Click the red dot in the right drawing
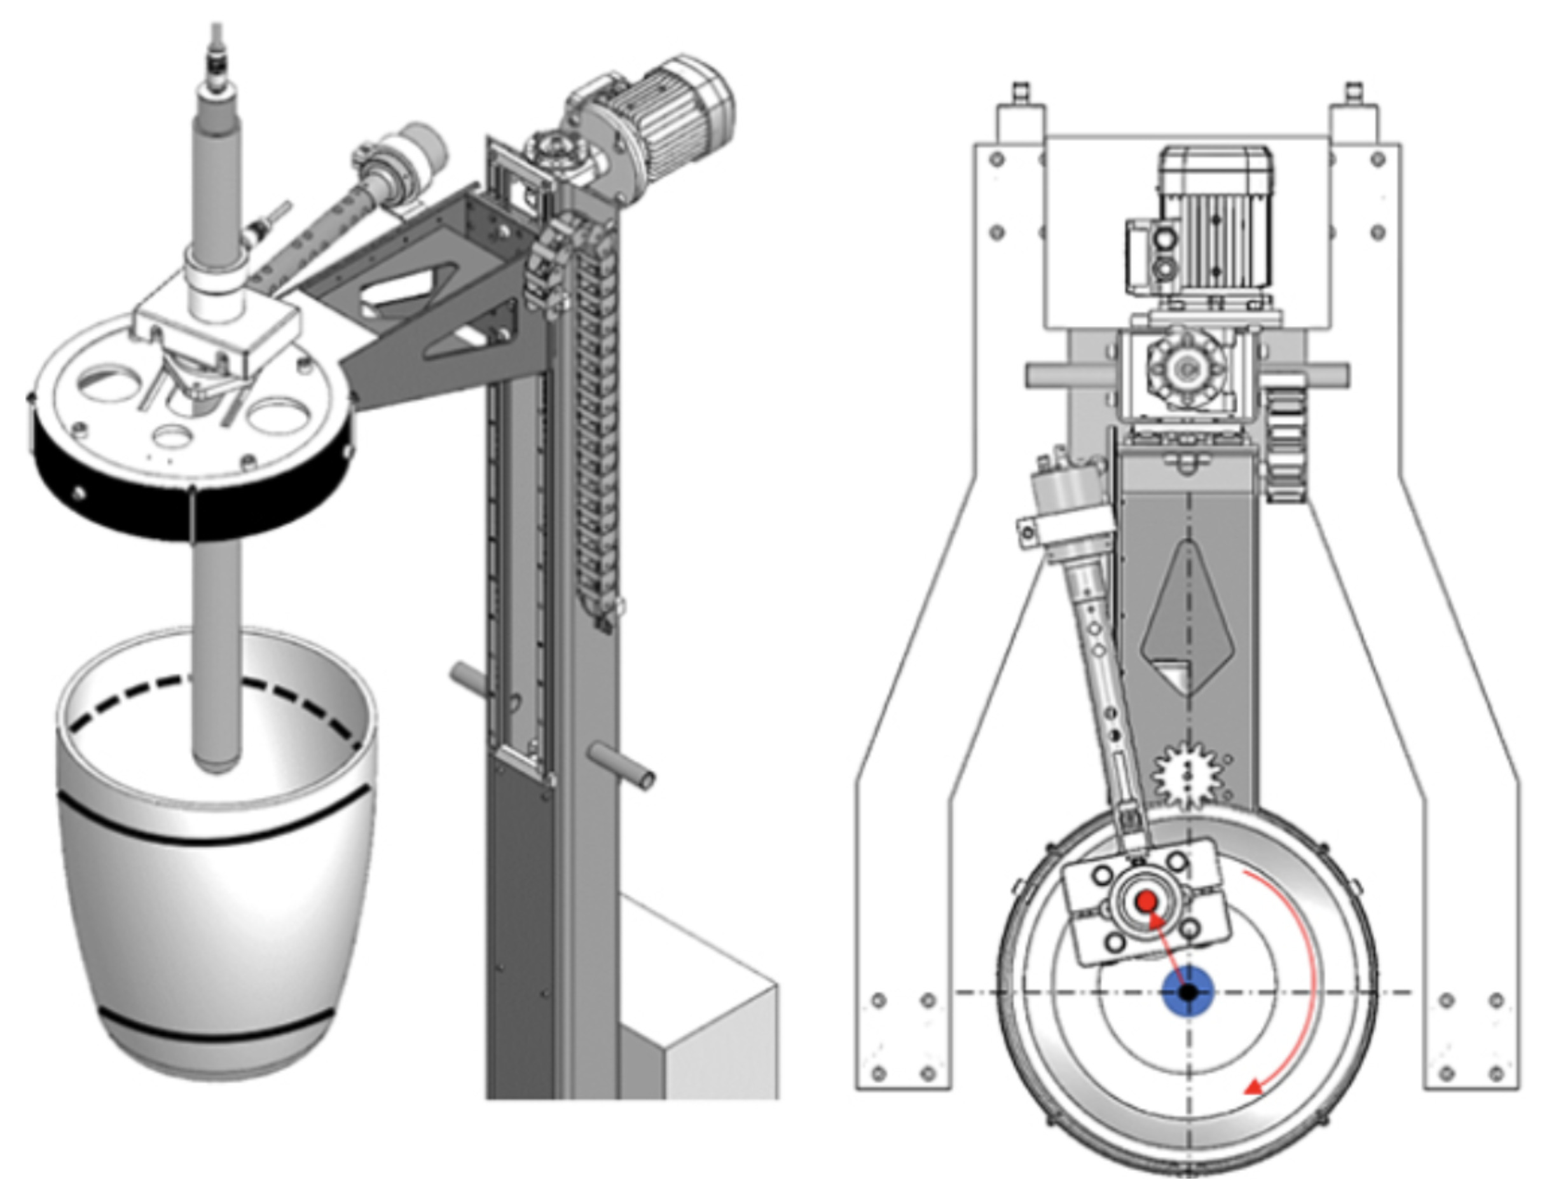click(1147, 902)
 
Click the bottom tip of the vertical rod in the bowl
click(216, 767)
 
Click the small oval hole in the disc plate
click(171, 435)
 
